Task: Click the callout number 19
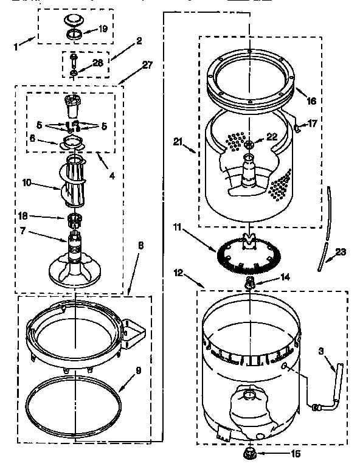[103, 28]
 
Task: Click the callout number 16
[311, 100]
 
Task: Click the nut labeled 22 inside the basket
[251, 144]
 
